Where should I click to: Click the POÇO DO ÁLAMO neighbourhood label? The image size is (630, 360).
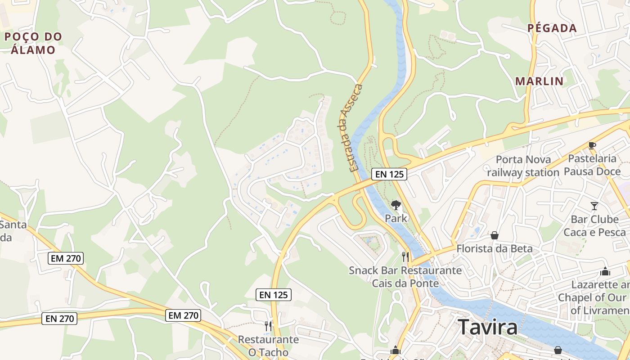coord(33,43)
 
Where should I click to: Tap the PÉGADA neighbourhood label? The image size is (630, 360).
coord(552,28)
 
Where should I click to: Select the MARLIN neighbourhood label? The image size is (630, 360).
coord(540,81)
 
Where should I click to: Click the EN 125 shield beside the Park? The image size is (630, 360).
coord(389,174)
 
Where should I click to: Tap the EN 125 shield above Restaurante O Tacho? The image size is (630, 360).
coord(274,295)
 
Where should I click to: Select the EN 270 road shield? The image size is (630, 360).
coord(60,319)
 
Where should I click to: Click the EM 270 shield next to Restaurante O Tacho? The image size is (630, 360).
coord(183,315)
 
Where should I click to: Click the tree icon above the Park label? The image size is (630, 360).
coord(396,206)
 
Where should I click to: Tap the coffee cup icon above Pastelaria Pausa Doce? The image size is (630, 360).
coord(592,145)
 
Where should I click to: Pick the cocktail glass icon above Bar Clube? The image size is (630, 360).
coord(594,206)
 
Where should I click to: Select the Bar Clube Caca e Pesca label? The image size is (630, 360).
coord(594,226)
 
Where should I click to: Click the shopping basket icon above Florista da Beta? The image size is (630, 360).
coord(495,235)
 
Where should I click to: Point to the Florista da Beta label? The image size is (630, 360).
coord(495,248)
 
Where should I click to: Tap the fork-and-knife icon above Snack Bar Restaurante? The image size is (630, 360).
coord(405,257)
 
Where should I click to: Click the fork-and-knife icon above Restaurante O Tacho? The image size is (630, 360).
coord(268,325)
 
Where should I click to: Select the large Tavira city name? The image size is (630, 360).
coord(488,327)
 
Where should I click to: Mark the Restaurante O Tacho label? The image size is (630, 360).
coord(268,346)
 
